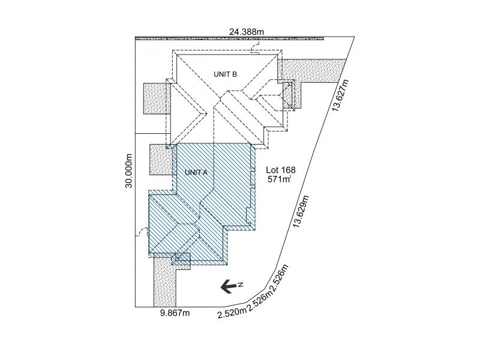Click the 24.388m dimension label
[x=247, y=31]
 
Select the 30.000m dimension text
[x=129, y=171]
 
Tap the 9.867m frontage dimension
[x=175, y=313]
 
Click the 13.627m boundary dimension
[x=340, y=95]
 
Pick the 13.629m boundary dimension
[x=301, y=211]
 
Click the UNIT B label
[x=226, y=74]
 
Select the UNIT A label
[x=196, y=173]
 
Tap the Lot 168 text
[x=281, y=170]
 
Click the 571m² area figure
[x=279, y=179]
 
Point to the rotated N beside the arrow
[x=241, y=285]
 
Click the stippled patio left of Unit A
[x=161, y=160]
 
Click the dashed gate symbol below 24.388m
[x=254, y=48]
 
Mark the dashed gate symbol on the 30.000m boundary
[x=142, y=232]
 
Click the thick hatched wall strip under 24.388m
[x=229, y=38]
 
